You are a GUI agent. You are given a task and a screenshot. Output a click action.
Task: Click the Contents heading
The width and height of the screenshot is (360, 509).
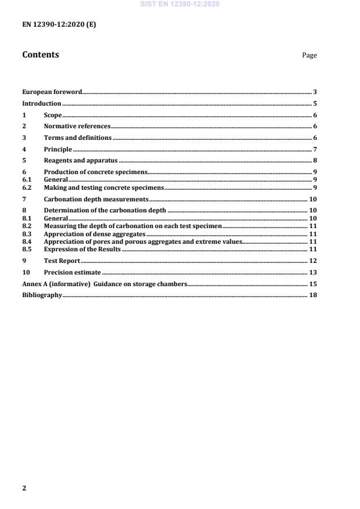click(40, 55)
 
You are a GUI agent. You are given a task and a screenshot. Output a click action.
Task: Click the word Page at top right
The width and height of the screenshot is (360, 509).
click(309, 56)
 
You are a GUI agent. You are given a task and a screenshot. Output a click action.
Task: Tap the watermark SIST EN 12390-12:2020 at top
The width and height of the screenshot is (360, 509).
click(179, 5)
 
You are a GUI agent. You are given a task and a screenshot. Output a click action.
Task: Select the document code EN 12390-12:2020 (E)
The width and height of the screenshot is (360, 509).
click(59, 25)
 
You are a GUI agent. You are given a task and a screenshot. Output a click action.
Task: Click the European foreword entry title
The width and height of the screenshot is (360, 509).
click(52, 92)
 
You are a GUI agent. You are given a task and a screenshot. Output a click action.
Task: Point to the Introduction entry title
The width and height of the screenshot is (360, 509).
click(42, 103)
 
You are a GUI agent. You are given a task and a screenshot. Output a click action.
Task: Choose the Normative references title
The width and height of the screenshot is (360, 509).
click(77, 126)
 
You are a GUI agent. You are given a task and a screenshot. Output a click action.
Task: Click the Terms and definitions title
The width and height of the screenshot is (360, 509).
click(78, 138)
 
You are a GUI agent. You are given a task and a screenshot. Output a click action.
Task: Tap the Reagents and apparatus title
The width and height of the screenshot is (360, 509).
click(81, 160)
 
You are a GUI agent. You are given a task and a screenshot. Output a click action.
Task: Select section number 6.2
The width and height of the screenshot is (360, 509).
click(27, 188)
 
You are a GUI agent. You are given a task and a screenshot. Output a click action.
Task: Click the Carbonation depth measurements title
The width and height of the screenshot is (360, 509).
click(96, 200)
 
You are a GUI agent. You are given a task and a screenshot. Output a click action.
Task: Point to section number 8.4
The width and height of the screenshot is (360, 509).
click(27, 241)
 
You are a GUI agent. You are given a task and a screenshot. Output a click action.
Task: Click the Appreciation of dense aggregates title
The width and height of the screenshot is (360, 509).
click(95, 234)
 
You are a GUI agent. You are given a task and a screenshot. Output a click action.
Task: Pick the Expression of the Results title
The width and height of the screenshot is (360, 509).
click(82, 248)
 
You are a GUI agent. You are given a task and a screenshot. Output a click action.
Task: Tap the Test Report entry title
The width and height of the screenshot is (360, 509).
click(62, 261)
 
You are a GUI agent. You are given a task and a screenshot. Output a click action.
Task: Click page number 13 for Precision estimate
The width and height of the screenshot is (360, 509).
click(312, 272)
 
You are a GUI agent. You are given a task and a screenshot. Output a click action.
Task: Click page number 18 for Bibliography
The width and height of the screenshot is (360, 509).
click(312, 295)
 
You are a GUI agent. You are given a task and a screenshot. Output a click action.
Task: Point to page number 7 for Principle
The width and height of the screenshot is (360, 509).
click(314, 149)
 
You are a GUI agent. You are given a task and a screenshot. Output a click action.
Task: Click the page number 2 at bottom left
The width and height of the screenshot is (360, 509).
click(24, 488)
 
